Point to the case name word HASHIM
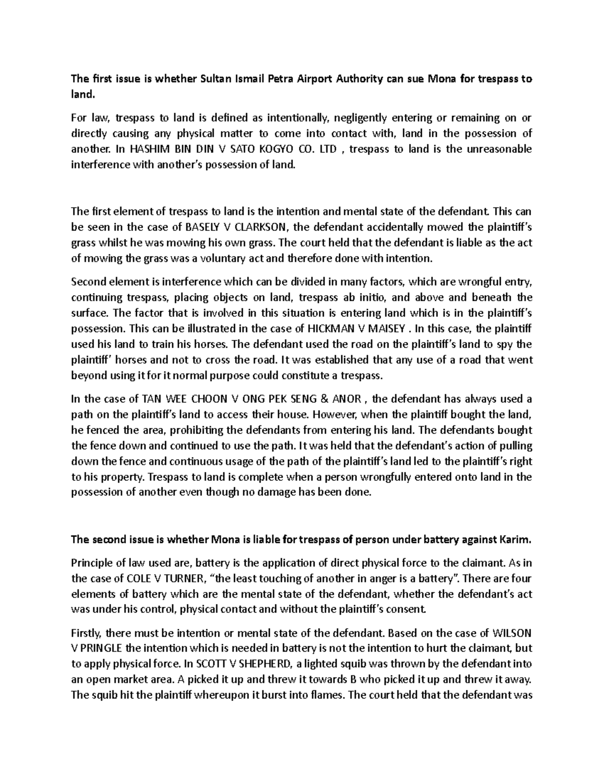(x=150, y=149)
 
